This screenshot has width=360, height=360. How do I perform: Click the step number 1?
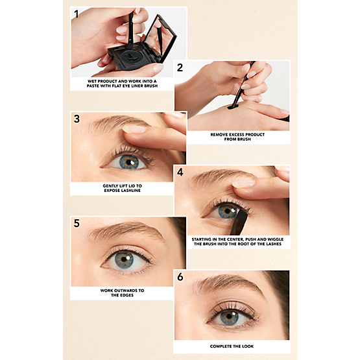77,14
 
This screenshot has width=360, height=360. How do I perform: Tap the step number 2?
180,67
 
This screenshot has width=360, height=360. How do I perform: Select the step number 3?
77,119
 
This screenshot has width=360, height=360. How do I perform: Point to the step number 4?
180,172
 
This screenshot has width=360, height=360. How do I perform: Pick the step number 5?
77,223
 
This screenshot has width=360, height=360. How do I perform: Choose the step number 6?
180,277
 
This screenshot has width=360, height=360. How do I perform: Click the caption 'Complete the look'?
232,346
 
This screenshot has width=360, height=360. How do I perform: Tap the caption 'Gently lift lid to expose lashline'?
122,188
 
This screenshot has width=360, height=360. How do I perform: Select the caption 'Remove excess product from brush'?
237,137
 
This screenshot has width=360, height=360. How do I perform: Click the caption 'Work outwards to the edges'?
122,293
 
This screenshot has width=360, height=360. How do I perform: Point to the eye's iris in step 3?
129,162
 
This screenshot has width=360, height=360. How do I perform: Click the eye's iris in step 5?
124,260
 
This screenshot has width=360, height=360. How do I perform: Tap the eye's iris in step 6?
229,318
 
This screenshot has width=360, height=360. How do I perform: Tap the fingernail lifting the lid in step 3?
134,129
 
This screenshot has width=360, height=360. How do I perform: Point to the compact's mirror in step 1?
160,38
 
